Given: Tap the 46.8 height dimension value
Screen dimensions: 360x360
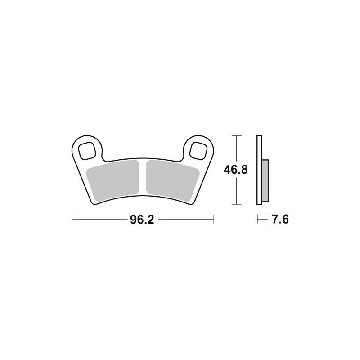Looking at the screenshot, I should pos(235,170).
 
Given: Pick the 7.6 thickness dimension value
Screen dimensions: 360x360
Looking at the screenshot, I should pos(279,220).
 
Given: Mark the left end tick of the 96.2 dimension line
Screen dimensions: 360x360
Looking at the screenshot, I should pos(72,220).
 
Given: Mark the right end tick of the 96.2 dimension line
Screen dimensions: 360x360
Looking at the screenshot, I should pos(213,220).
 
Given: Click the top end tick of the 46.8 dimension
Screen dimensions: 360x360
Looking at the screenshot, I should pos(235,135).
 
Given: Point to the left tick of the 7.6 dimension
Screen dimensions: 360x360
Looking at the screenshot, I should pos(257,220).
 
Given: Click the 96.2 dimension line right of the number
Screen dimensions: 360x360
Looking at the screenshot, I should pos(184,220).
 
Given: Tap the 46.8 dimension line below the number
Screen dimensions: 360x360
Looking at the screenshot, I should pos(235,191).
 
